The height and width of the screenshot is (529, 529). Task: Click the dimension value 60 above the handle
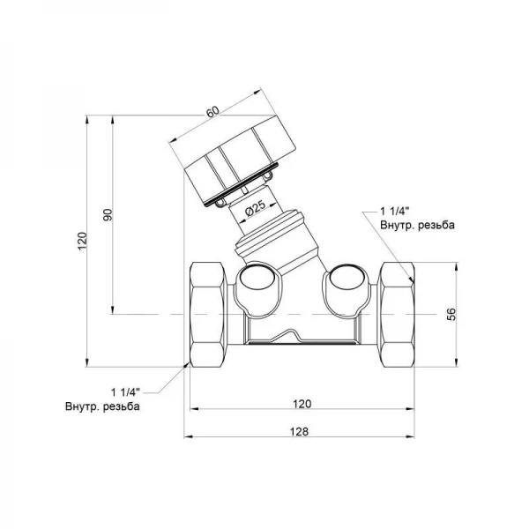coord(212,112)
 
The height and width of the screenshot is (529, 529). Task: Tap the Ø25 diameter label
coord(256,209)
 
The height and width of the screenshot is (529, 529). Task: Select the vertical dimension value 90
coord(108,215)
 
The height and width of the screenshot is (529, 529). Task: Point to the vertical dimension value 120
coord(82,241)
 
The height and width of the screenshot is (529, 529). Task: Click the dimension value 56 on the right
coord(451,314)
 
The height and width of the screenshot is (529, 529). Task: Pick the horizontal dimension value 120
coord(302,404)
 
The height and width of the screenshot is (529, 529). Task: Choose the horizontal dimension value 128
coord(299,431)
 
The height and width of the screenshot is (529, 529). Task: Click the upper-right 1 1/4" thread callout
coord(395,212)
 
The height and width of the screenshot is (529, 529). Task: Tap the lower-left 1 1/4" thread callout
coord(125,392)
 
